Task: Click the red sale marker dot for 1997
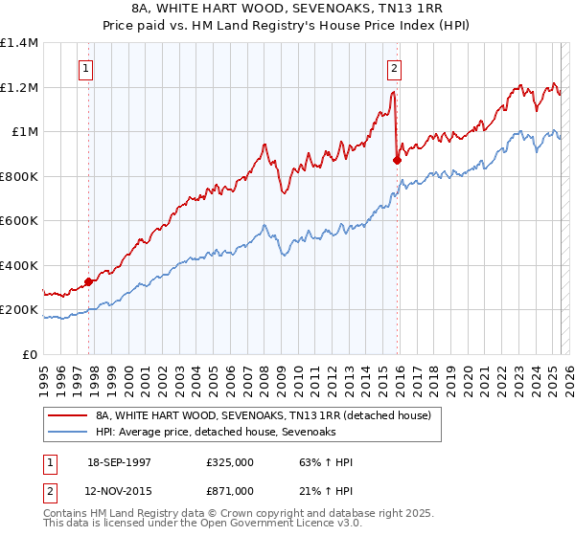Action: click(88, 281)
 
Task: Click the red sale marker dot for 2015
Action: click(397, 161)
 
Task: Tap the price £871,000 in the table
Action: click(230, 490)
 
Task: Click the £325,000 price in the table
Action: click(230, 463)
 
